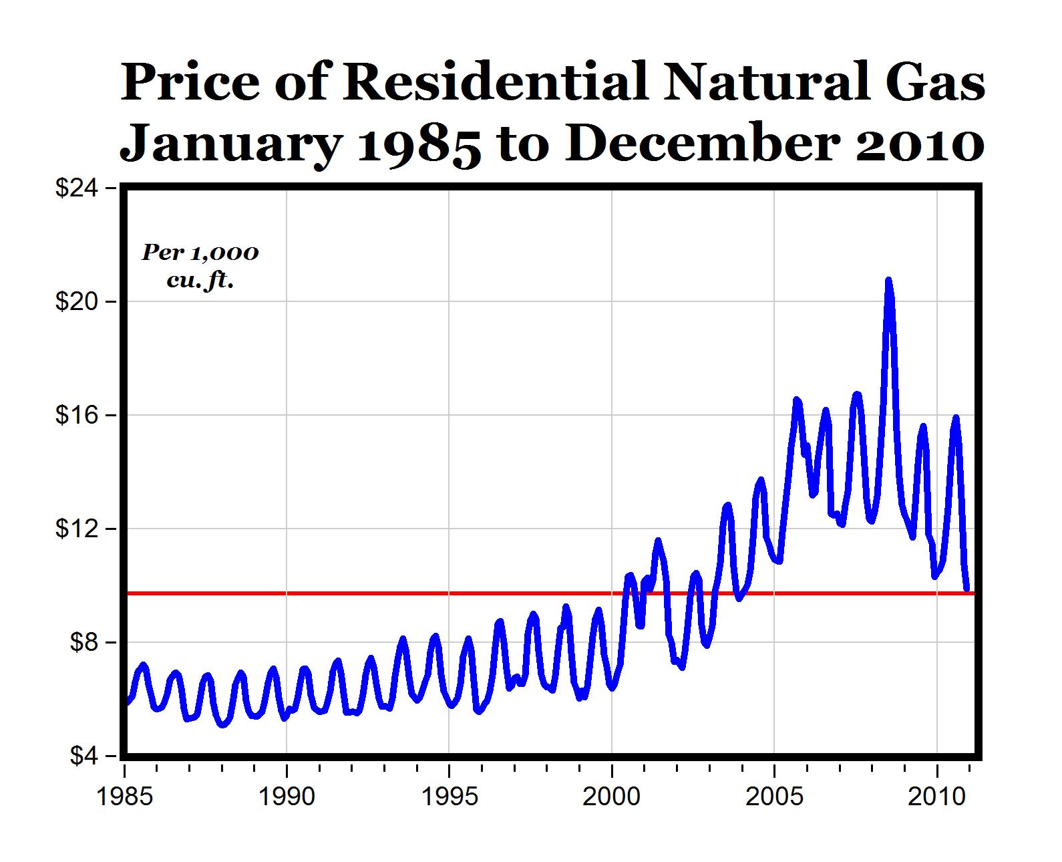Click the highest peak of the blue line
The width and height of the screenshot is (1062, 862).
click(888, 281)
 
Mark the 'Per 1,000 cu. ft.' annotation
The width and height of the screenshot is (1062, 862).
click(200, 266)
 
